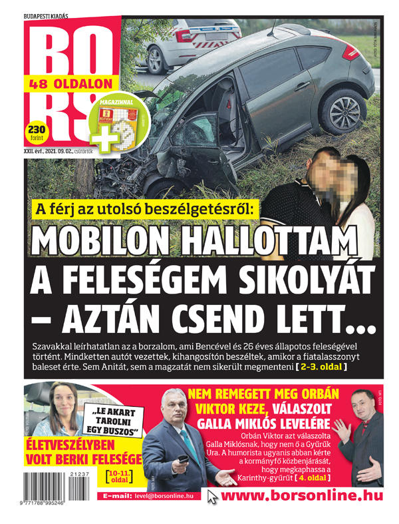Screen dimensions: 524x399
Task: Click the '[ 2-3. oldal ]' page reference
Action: coord(322,366)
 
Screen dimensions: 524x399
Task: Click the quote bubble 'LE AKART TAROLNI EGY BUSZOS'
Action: coord(112,423)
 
